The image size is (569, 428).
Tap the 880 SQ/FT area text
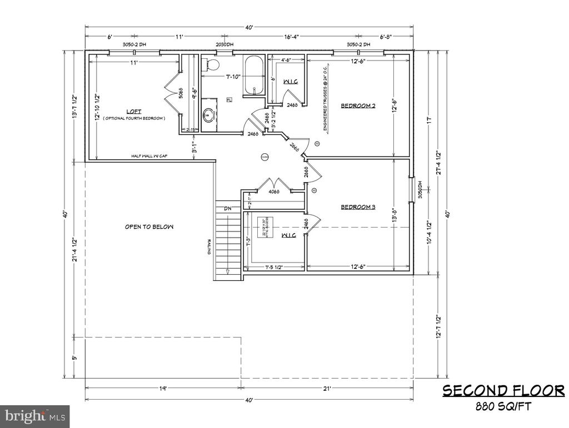pyautogui.click(x=503, y=406)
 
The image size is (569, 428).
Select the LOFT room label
pyautogui.click(x=133, y=110)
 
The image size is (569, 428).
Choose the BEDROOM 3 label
pyautogui.click(x=358, y=207)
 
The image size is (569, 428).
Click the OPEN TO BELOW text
pyautogui.click(x=149, y=226)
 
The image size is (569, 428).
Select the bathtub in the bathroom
pyautogui.click(x=255, y=74)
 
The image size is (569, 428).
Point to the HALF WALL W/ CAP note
pyautogui.click(x=149, y=156)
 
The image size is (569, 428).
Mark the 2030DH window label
pyautogui.click(x=224, y=44)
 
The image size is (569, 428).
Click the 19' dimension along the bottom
pyautogui.click(x=162, y=389)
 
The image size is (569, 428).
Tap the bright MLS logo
pyautogui.click(x=34, y=415)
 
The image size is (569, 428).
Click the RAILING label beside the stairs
pyautogui.click(x=209, y=248)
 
